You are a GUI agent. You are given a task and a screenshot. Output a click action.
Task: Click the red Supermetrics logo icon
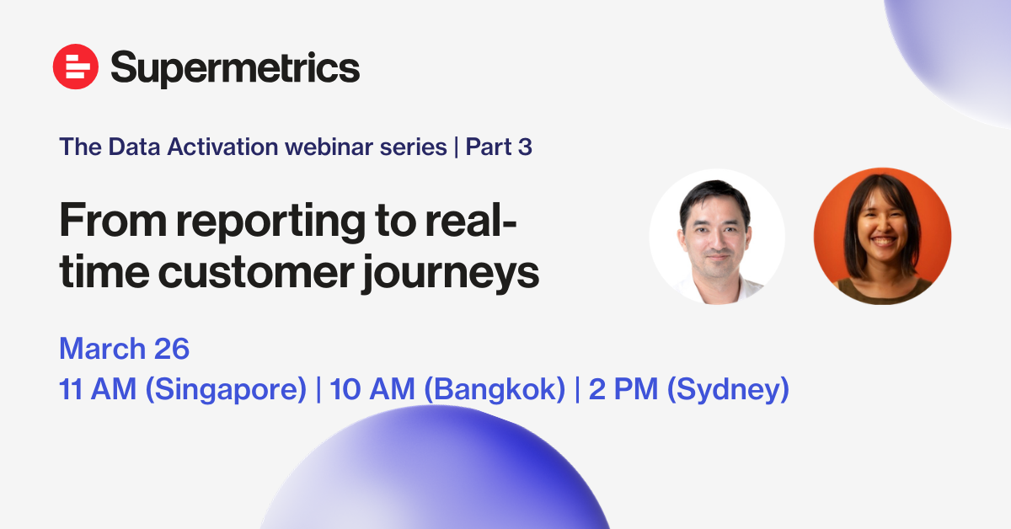(75, 67)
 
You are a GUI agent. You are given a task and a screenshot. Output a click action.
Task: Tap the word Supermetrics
(235, 68)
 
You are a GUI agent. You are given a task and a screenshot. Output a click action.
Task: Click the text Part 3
(499, 147)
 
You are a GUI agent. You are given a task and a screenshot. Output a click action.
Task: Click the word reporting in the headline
(270, 222)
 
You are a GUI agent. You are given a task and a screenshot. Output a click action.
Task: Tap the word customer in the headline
(256, 273)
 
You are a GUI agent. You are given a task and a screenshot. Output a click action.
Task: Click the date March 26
(124, 349)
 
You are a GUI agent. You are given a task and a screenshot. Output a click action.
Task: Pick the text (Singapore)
(226, 389)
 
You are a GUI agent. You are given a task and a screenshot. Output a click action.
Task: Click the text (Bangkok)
(495, 389)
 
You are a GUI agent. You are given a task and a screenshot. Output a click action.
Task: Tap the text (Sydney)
(728, 389)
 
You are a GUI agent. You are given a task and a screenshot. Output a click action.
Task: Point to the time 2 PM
(623, 388)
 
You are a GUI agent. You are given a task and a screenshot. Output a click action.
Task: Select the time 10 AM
(372, 388)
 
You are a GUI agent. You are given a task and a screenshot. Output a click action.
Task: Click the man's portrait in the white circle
(717, 237)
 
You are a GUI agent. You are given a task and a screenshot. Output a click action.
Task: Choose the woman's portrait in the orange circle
(882, 236)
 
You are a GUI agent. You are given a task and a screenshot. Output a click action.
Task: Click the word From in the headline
(113, 220)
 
